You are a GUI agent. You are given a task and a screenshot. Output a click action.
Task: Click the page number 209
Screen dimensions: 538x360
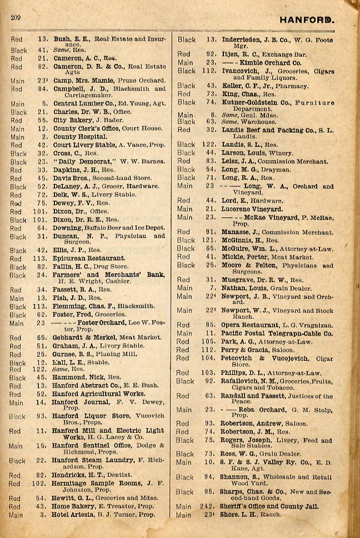pyautogui.click(x=15, y=18)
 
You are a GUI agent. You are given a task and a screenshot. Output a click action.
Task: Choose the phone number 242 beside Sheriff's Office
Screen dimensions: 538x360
pyautogui.click(x=207, y=506)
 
